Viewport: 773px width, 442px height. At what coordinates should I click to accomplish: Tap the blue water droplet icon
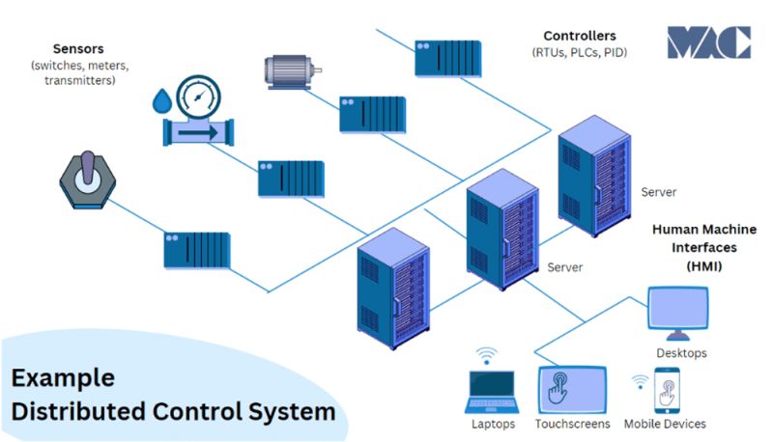click(x=160, y=100)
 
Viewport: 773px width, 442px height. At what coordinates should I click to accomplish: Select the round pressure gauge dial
click(x=198, y=96)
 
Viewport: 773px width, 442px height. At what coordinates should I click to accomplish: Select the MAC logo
click(x=708, y=43)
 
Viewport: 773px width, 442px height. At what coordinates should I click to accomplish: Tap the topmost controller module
click(x=447, y=57)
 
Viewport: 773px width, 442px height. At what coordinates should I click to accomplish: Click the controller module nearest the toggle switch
click(x=196, y=249)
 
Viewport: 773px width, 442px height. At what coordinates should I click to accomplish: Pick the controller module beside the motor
click(x=372, y=114)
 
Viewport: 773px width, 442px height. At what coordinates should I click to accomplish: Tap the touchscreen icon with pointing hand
click(x=572, y=390)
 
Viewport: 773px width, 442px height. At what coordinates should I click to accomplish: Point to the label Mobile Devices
click(x=665, y=424)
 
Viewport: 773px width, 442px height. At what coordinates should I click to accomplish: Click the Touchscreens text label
click(x=572, y=424)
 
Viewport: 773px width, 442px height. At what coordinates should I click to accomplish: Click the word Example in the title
click(x=63, y=377)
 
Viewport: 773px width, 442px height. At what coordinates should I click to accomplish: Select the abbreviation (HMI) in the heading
click(x=703, y=264)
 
